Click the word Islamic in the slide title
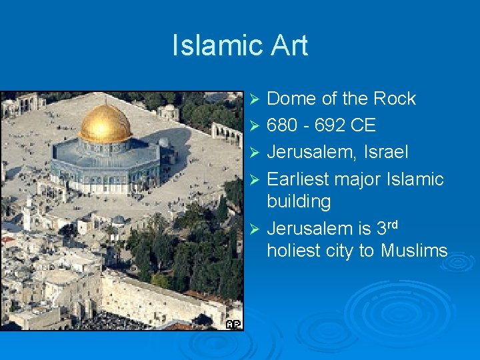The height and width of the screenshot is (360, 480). (x=213, y=46)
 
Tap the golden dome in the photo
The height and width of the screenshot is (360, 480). (x=105, y=124)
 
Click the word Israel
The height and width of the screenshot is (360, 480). (x=386, y=152)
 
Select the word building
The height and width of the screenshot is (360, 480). (x=299, y=201)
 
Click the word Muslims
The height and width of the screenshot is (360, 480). (x=414, y=251)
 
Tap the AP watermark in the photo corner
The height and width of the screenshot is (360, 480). (x=233, y=324)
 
